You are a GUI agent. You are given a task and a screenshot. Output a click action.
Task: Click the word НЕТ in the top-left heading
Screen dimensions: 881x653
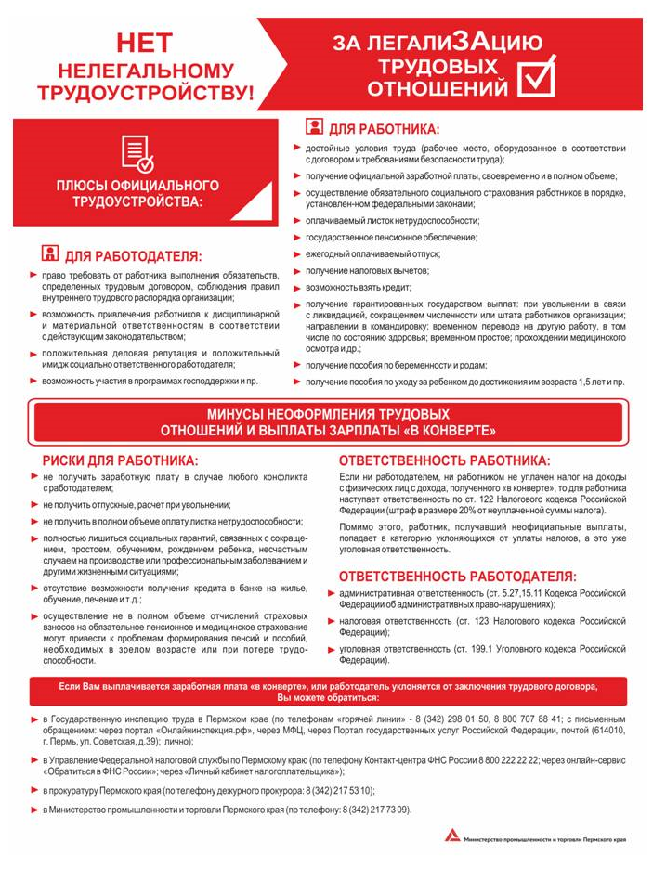pyautogui.click(x=143, y=42)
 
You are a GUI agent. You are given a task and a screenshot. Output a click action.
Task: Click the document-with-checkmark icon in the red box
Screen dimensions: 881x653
pyautogui.click(x=137, y=153)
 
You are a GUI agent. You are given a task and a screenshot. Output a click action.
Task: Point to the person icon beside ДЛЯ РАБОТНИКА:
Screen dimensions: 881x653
pyautogui.click(x=314, y=128)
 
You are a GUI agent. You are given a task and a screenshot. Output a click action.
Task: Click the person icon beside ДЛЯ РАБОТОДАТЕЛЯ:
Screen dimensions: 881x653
pyautogui.click(x=51, y=254)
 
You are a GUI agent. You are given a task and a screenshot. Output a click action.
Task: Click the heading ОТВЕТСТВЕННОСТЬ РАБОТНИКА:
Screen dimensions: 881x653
pyautogui.click(x=444, y=460)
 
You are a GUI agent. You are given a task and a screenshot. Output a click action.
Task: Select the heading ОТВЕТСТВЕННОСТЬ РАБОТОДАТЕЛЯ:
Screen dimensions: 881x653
pyautogui.click(x=456, y=576)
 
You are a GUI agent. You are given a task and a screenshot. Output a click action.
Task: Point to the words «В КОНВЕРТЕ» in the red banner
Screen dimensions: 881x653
pyautogui.click(x=445, y=431)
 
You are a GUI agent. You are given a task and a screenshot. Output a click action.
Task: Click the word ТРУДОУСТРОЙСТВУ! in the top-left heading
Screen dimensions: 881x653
pyautogui.click(x=144, y=93)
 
